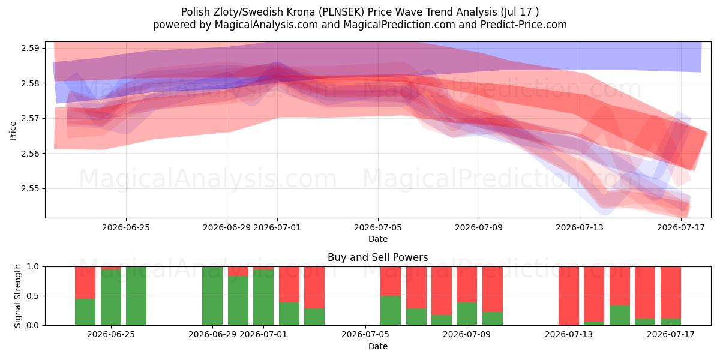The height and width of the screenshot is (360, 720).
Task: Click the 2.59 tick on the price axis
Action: click(30, 48)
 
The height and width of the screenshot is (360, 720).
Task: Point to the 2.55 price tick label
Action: click(30, 188)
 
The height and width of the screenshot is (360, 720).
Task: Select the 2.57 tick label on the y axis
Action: click(30, 119)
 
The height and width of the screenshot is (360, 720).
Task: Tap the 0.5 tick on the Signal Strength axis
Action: click(33, 296)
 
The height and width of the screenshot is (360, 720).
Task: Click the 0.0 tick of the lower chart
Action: click(33, 325)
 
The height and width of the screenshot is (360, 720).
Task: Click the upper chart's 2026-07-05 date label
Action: click(378, 227)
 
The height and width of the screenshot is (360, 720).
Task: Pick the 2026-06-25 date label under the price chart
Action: click(126, 227)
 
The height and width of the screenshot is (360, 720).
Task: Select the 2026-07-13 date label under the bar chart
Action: click(569, 334)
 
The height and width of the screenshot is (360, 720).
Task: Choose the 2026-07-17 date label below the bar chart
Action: click(671, 334)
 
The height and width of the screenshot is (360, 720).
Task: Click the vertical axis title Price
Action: click(13, 131)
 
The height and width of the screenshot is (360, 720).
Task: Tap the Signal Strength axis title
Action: click(17, 296)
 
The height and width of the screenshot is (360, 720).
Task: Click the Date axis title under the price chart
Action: click(378, 239)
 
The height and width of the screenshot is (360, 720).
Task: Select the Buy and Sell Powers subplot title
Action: click(378, 257)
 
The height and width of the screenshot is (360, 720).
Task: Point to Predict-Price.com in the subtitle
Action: click(524, 25)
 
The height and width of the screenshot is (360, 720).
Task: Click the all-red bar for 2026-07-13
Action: click(569, 296)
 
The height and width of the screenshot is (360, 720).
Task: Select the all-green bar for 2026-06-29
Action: click(212, 296)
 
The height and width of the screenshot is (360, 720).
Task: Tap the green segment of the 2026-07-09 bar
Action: click(467, 314)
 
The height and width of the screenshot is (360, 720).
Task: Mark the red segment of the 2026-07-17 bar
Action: click(671, 293)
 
